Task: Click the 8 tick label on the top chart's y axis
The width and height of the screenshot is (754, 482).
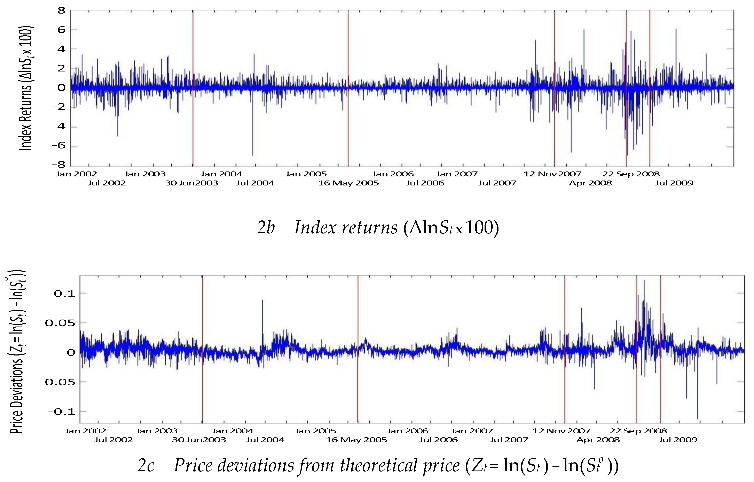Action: pos(61,11)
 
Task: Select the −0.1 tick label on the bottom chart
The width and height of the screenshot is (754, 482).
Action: pos(61,412)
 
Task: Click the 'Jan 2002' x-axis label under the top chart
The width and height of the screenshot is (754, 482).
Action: pos(76,174)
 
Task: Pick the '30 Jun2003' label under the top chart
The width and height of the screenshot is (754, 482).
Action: pos(191,183)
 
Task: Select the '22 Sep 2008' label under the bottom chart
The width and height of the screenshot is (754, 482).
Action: pos(638,431)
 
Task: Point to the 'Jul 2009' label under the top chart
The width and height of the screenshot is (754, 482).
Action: pos(674,183)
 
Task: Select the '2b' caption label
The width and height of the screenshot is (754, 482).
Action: pos(266,228)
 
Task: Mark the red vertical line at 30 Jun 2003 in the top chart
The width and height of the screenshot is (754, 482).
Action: pos(193,125)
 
